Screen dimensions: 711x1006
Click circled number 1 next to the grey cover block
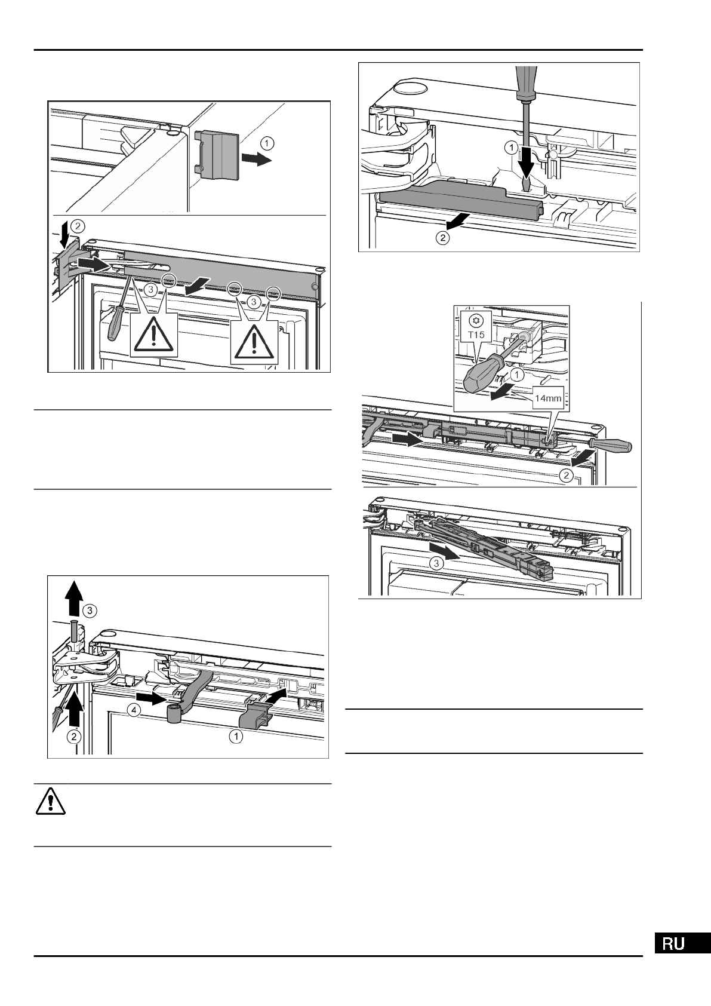[267, 143]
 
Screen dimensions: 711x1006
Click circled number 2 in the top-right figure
[442, 238]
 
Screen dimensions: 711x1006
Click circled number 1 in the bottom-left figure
[236, 737]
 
